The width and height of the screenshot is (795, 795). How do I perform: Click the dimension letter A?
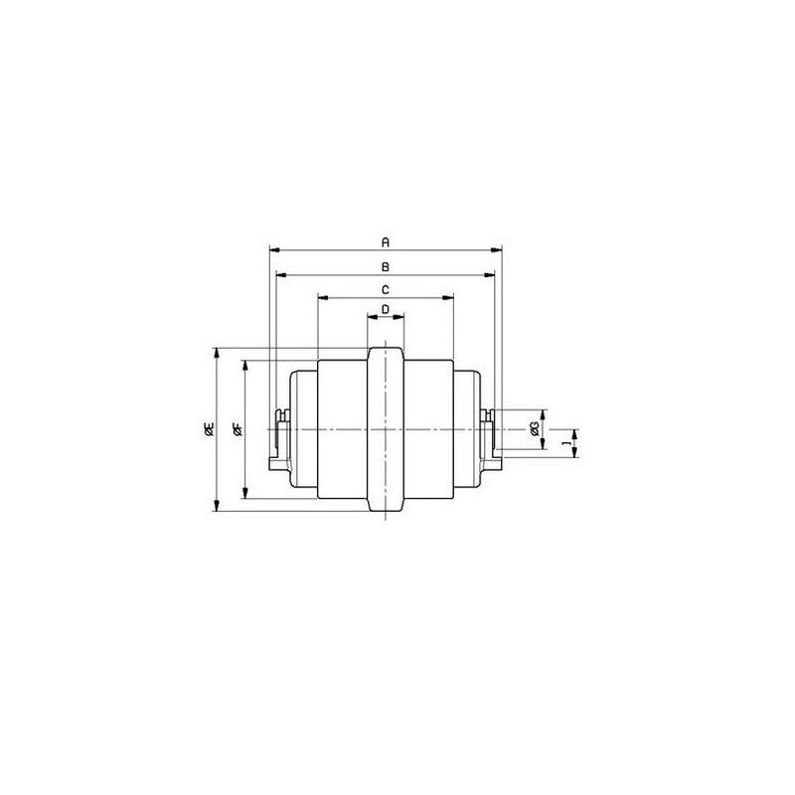tap(386, 242)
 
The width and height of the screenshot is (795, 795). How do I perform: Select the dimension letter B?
tap(386, 266)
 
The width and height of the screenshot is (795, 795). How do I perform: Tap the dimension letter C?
tap(386, 290)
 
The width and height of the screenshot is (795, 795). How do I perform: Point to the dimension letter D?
tap(386, 309)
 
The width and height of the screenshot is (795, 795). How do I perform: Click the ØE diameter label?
tap(209, 428)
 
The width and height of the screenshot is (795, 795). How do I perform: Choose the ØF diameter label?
tap(238, 429)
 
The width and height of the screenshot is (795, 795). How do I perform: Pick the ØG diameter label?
tap(534, 429)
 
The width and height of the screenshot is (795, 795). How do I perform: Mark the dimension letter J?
tap(567, 442)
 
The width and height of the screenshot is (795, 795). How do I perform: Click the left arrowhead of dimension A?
tap(274, 249)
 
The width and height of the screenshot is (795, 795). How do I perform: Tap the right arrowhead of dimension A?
tap(496, 249)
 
